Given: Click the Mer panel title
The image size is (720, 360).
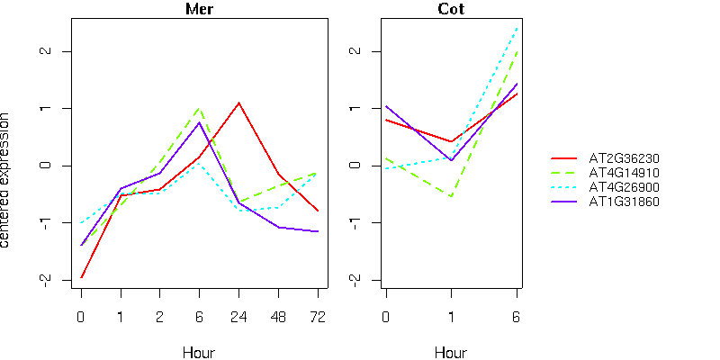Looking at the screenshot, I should (x=199, y=10).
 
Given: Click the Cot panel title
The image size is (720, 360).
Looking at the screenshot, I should (x=451, y=10).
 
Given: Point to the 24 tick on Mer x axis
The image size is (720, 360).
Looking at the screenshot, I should (x=238, y=317).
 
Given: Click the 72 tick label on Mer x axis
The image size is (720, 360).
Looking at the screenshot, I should (x=317, y=317).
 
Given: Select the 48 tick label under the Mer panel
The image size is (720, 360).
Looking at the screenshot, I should (x=278, y=317).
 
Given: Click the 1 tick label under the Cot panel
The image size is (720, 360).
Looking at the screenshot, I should (x=452, y=317).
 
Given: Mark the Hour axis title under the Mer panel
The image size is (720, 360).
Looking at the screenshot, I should (x=199, y=352).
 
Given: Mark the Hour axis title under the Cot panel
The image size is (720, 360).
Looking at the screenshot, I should (x=451, y=352).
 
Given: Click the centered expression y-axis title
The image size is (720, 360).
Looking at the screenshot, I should (x=7, y=180).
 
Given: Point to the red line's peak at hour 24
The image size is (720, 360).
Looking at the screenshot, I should (x=238, y=103).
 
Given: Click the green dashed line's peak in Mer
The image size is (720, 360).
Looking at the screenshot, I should (x=199, y=109).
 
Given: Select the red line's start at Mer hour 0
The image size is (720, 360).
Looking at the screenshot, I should (x=81, y=277).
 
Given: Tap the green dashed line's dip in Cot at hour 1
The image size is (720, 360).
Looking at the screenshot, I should (x=452, y=196).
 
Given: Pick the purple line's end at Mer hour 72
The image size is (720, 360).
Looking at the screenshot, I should (x=317, y=231).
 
